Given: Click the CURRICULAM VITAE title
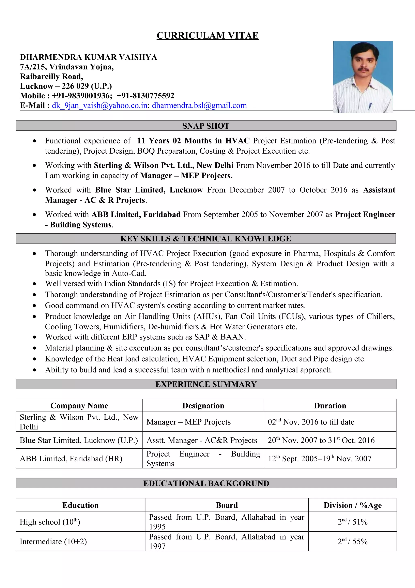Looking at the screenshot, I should click(207, 36).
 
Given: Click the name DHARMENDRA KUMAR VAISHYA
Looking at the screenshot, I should click(89, 57).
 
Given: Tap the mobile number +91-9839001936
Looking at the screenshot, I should click(82, 96).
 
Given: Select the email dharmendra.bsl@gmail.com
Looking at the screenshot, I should click(199, 106).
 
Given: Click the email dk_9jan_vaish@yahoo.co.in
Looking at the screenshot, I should click(100, 106).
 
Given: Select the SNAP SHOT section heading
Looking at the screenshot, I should click(206, 126).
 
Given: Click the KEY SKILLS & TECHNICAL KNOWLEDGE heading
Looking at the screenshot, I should click(206, 239).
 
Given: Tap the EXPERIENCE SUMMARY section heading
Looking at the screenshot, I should click(206, 384).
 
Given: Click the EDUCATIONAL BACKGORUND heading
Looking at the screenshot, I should click(206, 483).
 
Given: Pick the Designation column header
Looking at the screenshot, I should click(203, 406).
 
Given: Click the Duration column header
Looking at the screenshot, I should click(330, 406).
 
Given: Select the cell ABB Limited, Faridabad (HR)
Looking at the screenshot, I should click(71, 458).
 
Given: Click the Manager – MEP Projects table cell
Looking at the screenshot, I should click(188, 422).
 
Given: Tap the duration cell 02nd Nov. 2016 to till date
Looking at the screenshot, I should click(311, 422).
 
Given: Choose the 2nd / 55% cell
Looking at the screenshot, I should click(352, 541).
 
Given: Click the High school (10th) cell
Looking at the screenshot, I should click(50, 522).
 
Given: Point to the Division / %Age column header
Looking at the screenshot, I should click(352, 505).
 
